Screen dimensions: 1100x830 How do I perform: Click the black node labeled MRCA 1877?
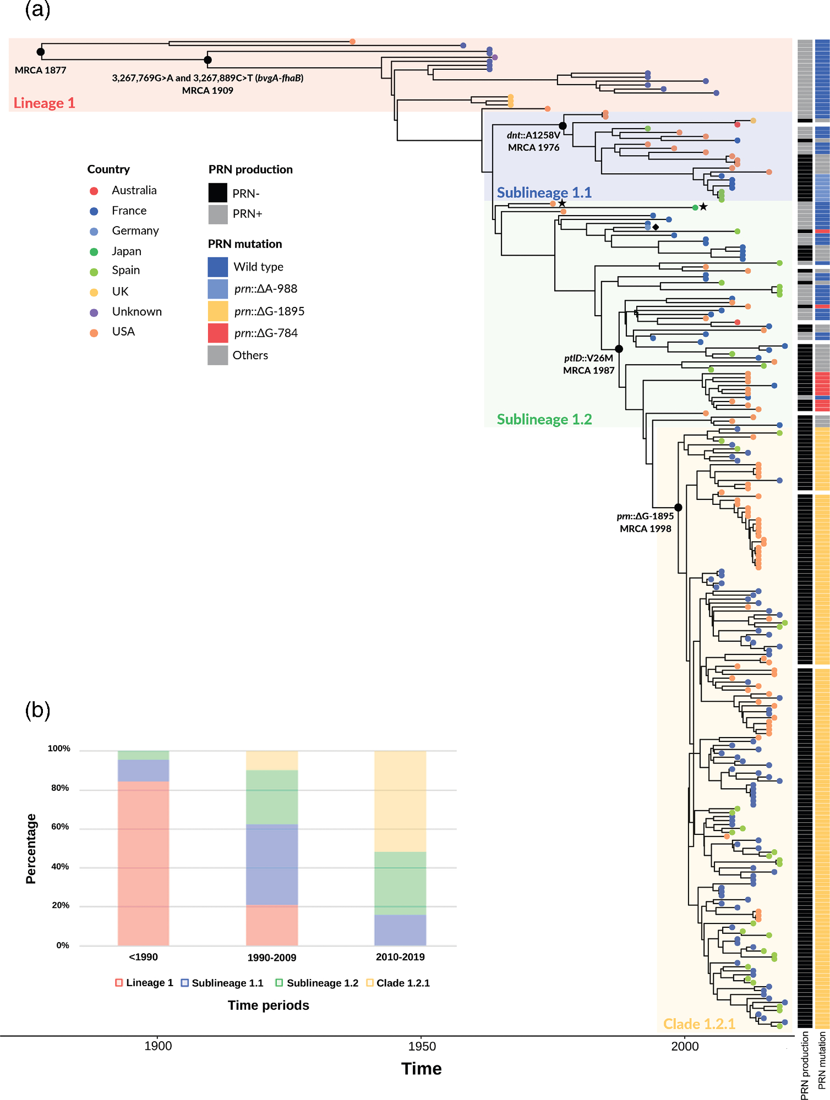[40, 52]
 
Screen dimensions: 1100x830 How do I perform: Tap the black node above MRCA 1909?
[207, 59]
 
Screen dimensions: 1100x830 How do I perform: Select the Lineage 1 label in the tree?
[44, 103]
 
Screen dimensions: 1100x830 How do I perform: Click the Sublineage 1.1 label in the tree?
[544, 193]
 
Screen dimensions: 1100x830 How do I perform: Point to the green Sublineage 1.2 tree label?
[544, 419]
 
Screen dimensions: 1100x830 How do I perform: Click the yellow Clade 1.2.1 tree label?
[699, 1024]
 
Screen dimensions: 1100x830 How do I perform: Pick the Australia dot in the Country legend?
[94, 191]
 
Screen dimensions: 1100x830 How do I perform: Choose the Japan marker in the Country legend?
[94, 252]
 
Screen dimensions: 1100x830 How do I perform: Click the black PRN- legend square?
[218, 193]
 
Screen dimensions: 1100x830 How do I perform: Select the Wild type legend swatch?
[218, 267]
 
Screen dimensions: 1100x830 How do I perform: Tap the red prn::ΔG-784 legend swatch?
[218, 333]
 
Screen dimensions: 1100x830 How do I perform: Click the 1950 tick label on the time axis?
[422, 1046]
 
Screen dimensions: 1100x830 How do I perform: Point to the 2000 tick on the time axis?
[685, 1046]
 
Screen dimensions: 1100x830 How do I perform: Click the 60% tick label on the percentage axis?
[60, 827]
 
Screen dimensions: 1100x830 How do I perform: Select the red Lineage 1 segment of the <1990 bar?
[143, 864]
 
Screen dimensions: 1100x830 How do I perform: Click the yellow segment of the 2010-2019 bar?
[400, 801]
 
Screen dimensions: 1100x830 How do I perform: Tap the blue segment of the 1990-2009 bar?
[272, 865]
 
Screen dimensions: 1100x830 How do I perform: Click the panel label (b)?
[37, 710]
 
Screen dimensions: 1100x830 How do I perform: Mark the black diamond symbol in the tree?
[656, 227]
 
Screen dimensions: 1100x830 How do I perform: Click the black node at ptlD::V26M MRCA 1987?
[619, 349]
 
